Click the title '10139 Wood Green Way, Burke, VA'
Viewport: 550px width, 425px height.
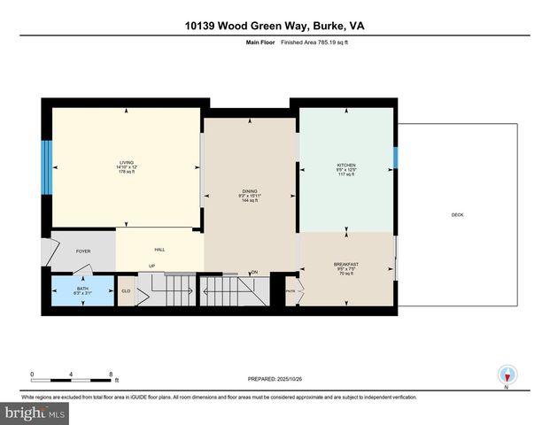point(275,27)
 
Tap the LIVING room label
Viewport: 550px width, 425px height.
point(127,163)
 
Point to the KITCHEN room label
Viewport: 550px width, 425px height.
point(345,166)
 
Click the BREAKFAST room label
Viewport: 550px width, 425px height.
point(345,265)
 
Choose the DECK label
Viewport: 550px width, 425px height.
point(457,214)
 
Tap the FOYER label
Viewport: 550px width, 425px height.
point(83,251)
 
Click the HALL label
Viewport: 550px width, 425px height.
point(160,250)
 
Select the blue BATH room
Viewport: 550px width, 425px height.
point(81,290)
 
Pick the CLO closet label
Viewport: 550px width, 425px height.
point(126,290)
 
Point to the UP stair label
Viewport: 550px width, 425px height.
point(151,267)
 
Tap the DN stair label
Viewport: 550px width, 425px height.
point(253,273)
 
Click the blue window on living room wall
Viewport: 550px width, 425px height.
point(46,168)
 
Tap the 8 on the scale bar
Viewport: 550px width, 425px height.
point(111,373)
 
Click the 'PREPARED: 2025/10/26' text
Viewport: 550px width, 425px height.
point(275,379)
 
